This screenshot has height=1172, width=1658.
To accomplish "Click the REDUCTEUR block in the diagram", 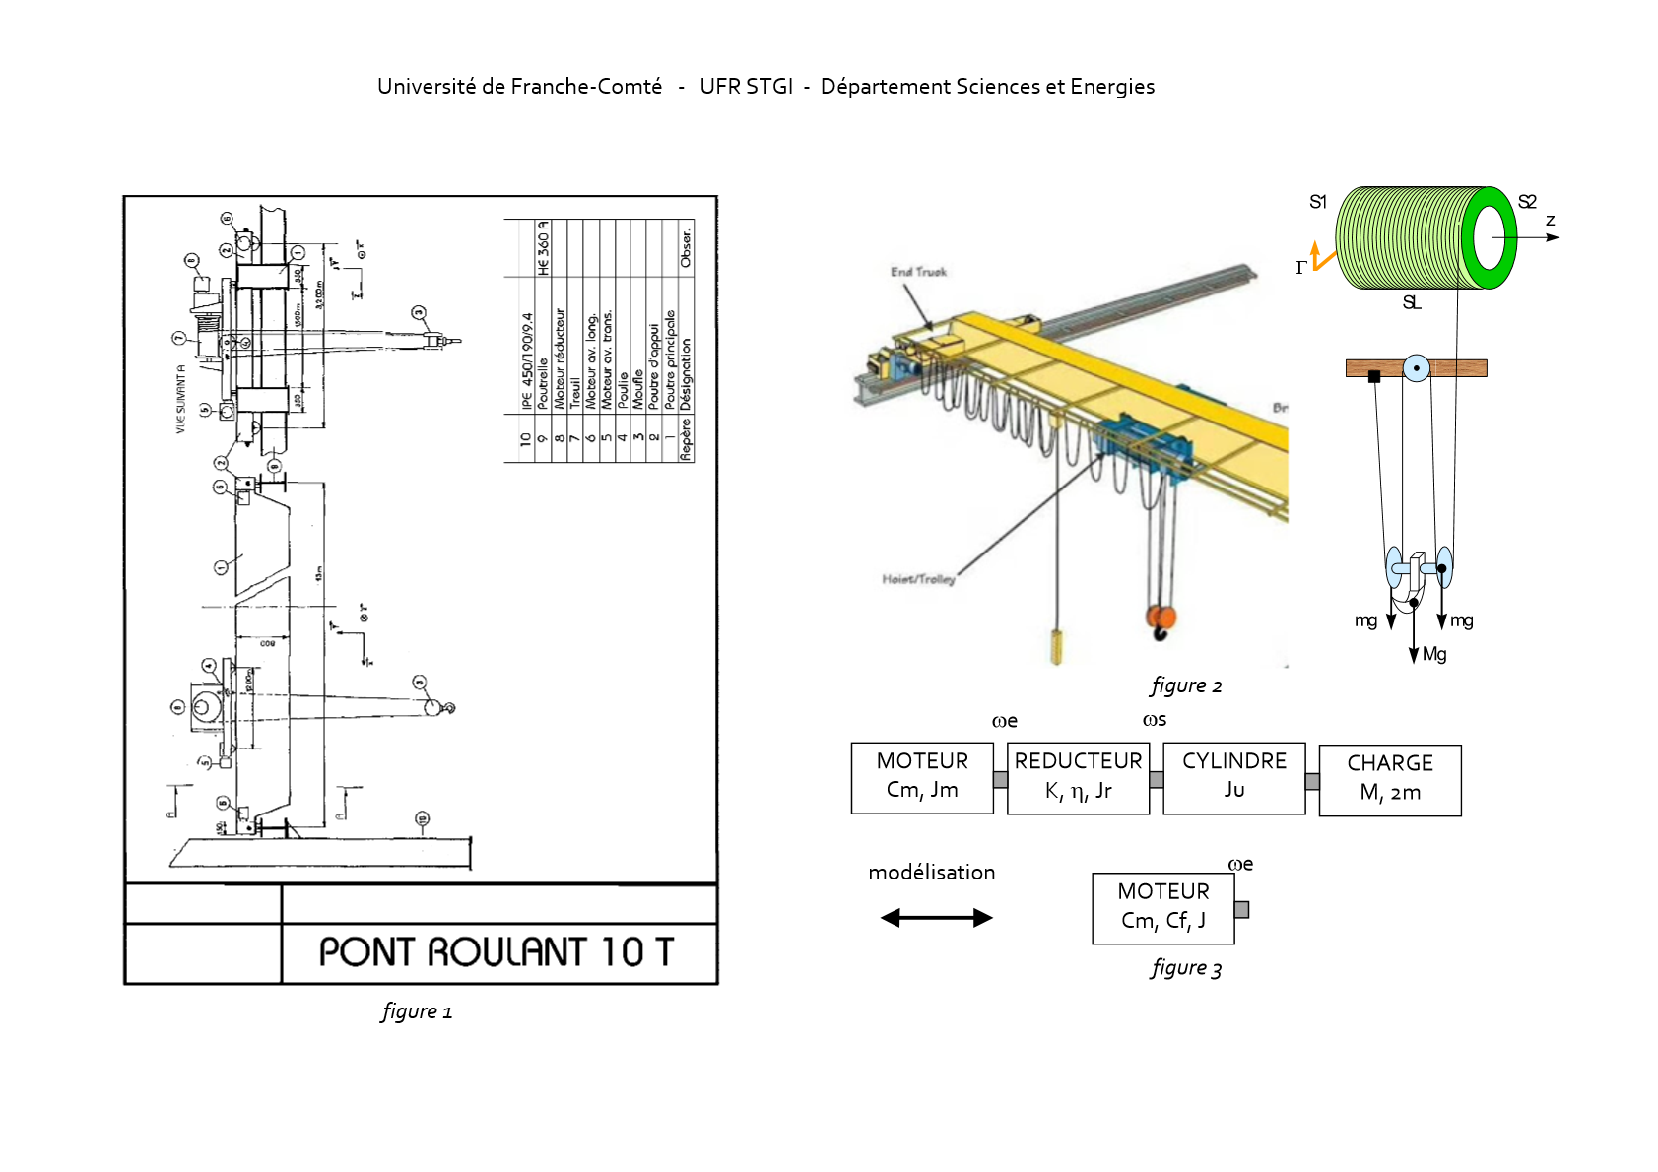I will [1078, 778].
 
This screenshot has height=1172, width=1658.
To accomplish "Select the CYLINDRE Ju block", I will [1233, 778].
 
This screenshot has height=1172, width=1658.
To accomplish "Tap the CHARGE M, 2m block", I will [1389, 780].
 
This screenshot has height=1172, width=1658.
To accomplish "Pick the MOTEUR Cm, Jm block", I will [922, 778].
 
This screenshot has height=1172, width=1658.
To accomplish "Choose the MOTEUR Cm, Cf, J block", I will [1162, 908].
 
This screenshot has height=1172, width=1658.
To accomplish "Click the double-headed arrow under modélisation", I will [936, 918].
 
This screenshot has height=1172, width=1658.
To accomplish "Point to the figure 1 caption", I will [417, 1011].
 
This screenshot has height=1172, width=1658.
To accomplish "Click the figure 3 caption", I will [1186, 968].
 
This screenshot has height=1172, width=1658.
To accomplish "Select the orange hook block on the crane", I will [1161, 619].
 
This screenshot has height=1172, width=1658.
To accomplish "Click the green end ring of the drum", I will [1490, 237].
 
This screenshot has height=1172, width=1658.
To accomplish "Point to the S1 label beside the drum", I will [1318, 202].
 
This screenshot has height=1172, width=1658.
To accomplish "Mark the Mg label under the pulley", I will [1434, 654].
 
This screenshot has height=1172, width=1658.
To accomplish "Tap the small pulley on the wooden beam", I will [1416, 368].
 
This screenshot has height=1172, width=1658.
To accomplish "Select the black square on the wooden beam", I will [1374, 376].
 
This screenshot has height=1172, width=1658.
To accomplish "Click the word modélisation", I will [931, 873].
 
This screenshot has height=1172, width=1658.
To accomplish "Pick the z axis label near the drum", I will [1550, 221].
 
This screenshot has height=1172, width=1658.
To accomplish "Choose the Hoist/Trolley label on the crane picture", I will [918, 579].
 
